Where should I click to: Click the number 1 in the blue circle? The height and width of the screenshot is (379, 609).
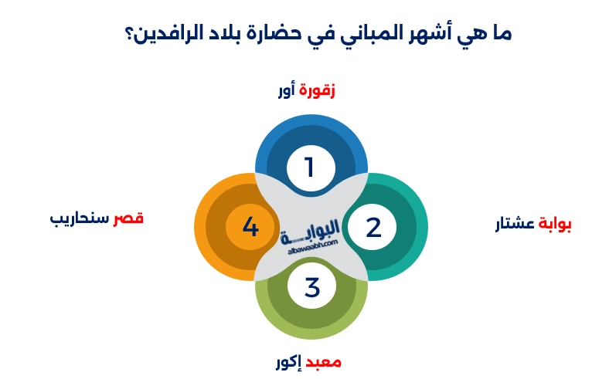(310, 166)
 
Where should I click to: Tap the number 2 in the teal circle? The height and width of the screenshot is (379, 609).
(373, 228)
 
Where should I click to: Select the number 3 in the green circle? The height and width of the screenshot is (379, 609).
(311, 288)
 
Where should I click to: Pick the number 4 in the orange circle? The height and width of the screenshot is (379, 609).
(250, 227)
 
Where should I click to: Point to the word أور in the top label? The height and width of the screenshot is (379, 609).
(287, 90)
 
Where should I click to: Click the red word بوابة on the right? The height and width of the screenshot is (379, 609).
(555, 224)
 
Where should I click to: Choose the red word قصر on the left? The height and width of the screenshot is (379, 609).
(128, 218)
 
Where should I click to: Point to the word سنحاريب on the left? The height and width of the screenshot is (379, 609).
(80, 218)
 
